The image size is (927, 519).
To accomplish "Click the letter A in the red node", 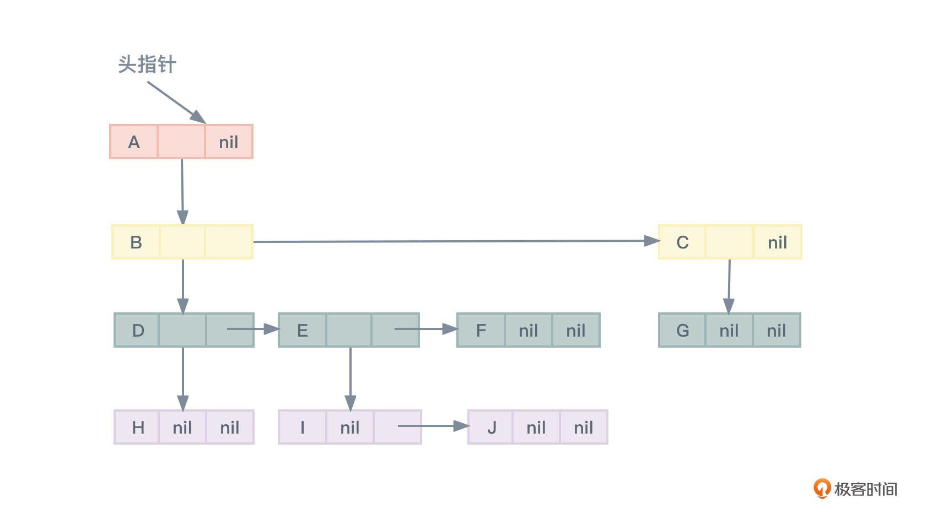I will pos(134,142).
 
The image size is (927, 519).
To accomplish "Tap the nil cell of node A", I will pos(229,142).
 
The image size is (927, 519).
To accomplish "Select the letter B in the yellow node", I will pos(136,242).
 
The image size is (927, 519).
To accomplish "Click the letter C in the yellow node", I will pos(682,242).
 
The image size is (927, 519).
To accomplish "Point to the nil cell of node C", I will pos(777,242).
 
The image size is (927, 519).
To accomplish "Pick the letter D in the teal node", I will pos(138,331).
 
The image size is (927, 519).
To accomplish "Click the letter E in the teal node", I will pos(302,331).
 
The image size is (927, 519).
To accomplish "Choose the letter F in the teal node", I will pos(481,331).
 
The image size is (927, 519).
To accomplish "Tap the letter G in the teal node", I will pos(682,331).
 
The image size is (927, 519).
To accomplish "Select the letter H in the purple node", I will pos(138,428).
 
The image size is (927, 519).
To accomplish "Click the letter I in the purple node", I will pos(302,428).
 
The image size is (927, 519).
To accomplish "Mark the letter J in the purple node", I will pos(492,428).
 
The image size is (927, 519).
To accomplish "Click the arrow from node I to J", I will pos(433,426).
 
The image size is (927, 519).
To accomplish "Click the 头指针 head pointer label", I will pos(147,64).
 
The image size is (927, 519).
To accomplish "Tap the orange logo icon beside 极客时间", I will pos(822,489).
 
